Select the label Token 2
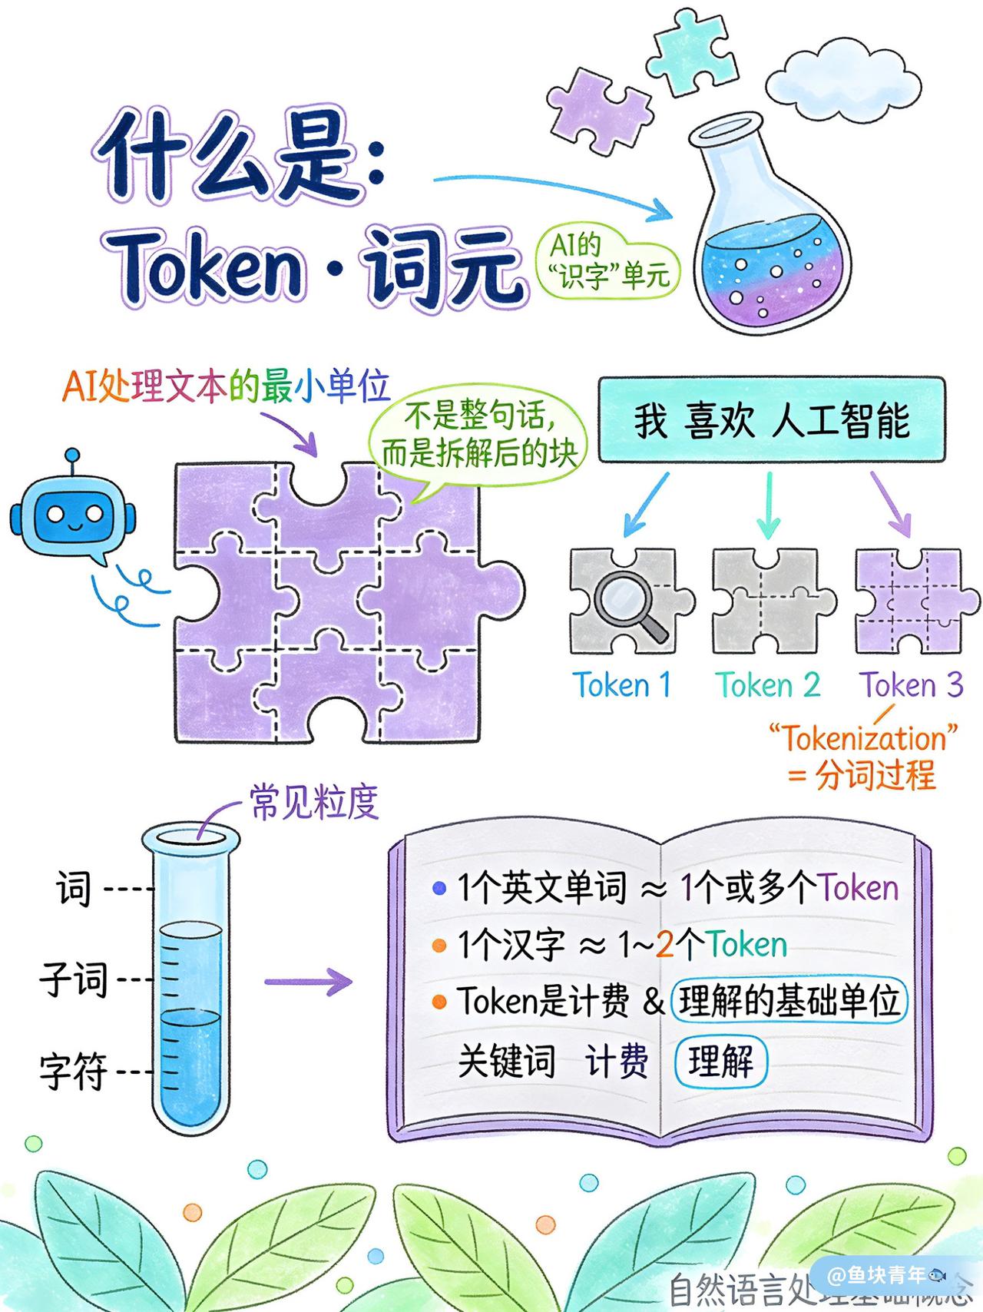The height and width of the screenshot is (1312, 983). [767, 684]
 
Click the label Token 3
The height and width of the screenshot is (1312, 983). [911, 684]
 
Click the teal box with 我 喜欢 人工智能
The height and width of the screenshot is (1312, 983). [771, 420]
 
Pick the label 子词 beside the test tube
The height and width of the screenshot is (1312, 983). [74, 980]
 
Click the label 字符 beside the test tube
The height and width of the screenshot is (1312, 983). [74, 1071]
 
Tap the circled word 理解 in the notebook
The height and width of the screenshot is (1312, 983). [720, 1062]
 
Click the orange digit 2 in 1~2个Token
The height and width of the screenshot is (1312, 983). [664, 945]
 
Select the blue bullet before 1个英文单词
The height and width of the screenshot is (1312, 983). [439, 889]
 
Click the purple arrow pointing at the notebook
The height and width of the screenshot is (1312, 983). [307, 981]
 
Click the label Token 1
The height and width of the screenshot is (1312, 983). [622, 684]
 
